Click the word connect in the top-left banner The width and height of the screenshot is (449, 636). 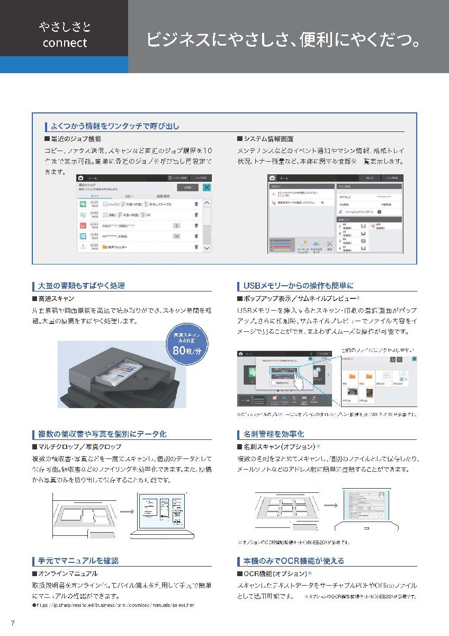tap(65, 43)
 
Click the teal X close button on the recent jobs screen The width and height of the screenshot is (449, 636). tap(206, 187)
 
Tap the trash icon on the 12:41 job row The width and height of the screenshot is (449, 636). tap(196, 236)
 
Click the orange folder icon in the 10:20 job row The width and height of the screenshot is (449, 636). tap(105, 246)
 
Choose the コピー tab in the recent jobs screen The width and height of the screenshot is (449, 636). tap(129, 196)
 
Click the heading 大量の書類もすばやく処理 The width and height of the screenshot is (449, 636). tap(82, 286)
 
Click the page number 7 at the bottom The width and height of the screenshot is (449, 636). tap(12, 622)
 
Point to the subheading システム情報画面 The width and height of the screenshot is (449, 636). tap(272, 139)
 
